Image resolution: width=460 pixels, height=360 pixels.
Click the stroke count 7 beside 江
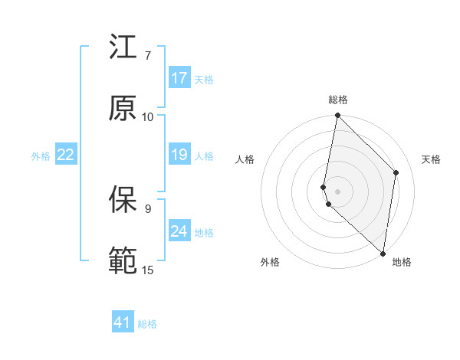click(148, 56)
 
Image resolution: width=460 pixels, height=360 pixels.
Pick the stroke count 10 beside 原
click(148, 117)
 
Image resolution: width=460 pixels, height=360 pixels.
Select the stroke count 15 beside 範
click(148, 270)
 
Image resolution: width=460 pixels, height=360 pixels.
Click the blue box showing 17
click(179, 78)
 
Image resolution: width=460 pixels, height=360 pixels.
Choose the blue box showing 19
click(179, 155)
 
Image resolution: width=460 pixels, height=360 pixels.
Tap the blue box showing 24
click(179, 231)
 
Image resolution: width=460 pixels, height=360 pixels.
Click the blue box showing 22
click(66, 155)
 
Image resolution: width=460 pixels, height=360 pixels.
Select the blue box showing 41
click(123, 322)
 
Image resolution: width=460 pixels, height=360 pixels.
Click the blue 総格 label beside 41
click(147, 324)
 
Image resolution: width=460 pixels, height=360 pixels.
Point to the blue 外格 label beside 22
click(41, 156)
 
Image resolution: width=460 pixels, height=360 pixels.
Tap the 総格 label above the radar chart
click(337, 100)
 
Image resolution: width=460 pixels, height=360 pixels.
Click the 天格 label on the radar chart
click(432, 159)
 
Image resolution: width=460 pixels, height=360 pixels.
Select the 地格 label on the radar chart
click(402, 262)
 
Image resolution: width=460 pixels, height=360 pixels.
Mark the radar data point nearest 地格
click(383, 253)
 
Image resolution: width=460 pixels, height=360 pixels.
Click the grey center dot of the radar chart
click(337, 191)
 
